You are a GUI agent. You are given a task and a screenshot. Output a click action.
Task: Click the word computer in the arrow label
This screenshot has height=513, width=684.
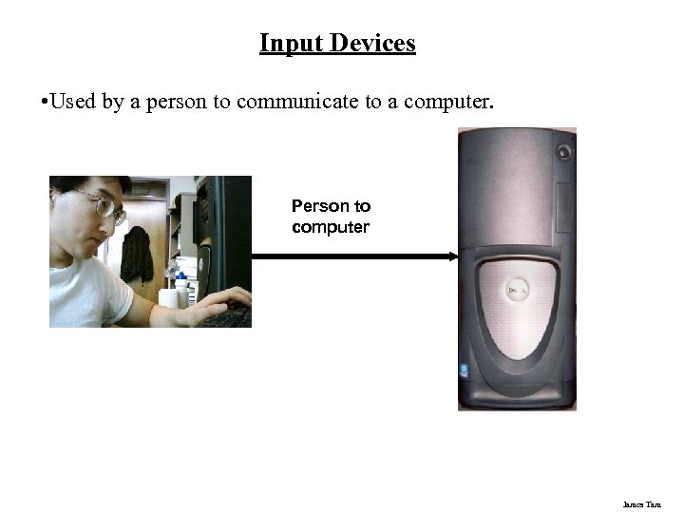331,228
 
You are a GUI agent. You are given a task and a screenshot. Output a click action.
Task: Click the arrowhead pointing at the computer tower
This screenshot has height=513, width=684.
453,256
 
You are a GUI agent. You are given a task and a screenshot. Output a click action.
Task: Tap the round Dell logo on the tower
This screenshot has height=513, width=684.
519,290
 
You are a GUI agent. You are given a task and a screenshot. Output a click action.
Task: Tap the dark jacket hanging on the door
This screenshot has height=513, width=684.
137,254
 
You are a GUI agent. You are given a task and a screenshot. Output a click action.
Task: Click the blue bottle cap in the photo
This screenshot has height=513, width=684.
180,275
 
